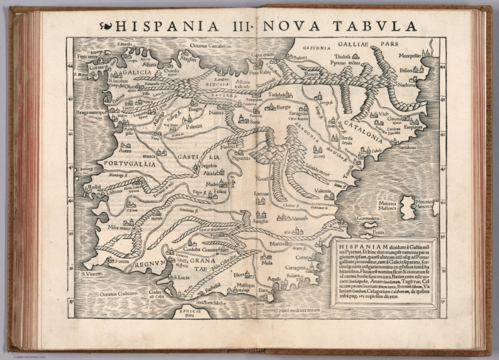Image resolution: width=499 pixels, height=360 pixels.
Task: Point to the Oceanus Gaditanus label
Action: [116, 295]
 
